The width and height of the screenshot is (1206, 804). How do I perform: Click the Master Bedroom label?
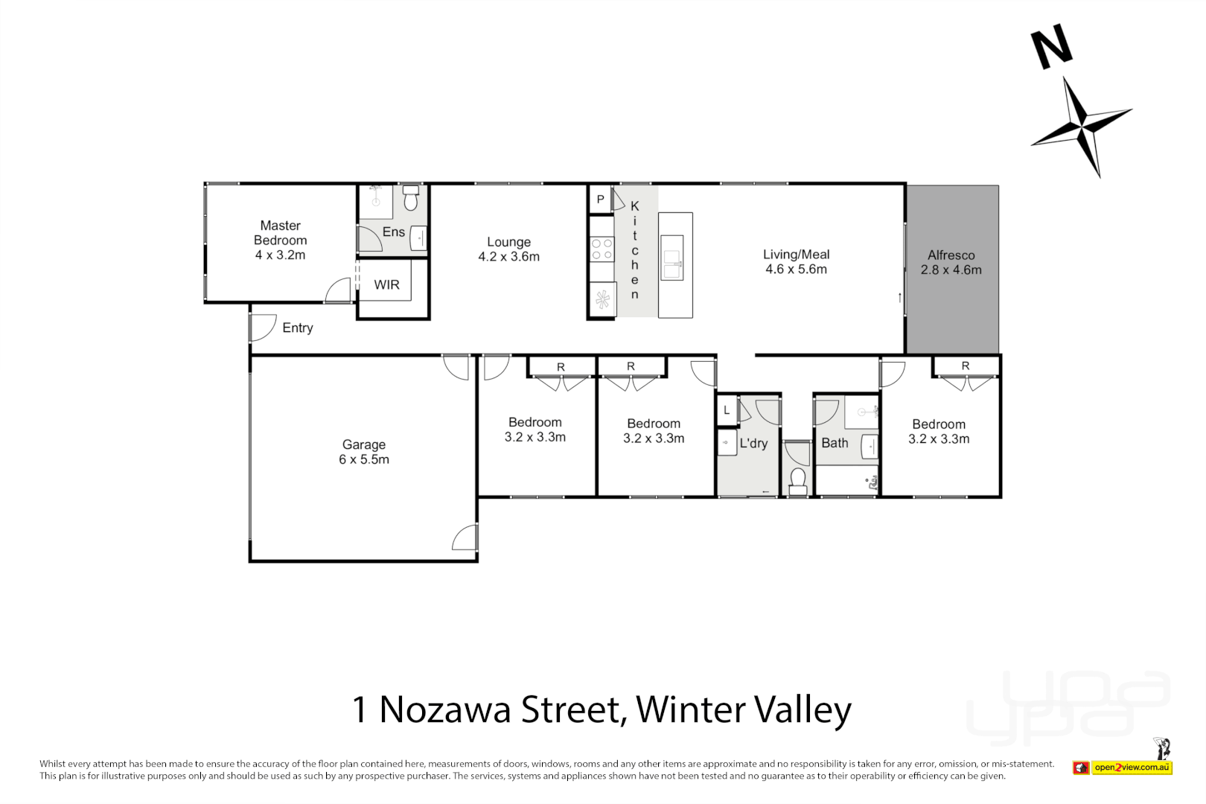click(280, 232)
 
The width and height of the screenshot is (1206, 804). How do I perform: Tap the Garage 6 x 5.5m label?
click(363, 452)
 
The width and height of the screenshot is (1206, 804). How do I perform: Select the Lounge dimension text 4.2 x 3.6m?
click(508, 257)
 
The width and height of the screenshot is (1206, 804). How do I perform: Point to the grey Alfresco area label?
click(951, 262)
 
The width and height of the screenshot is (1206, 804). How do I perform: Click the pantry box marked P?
click(600, 200)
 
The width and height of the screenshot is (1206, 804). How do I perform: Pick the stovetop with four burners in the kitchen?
click(602, 249)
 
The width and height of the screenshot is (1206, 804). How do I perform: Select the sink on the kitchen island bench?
click(673, 258)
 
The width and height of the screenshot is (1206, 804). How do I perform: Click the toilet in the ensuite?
click(411, 200)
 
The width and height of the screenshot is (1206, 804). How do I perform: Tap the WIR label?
click(386, 284)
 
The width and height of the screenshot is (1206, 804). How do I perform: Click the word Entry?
click(298, 328)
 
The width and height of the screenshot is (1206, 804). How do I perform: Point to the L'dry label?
click(753, 444)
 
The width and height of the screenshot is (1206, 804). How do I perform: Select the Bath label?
click(835, 443)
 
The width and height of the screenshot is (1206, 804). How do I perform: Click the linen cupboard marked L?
click(727, 410)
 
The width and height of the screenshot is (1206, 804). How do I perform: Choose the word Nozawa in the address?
click(444, 709)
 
